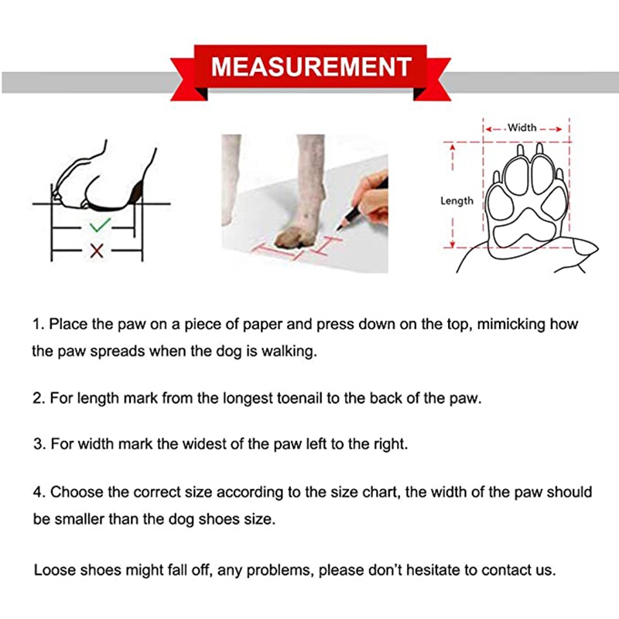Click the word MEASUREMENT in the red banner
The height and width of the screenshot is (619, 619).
[311, 67]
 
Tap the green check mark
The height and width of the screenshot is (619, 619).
[100, 224]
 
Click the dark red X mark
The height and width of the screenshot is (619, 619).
[97, 251]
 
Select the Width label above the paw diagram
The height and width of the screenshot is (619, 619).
[522, 128]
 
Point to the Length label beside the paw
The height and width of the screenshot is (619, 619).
[457, 201]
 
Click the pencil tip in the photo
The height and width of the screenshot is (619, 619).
[338, 228]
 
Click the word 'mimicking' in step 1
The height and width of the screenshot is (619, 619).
[511, 324]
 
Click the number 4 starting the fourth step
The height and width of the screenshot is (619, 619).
[37, 492]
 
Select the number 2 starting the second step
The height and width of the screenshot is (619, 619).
[37, 398]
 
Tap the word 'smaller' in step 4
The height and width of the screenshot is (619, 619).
[79, 518]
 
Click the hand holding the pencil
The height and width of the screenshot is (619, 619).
[371, 200]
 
